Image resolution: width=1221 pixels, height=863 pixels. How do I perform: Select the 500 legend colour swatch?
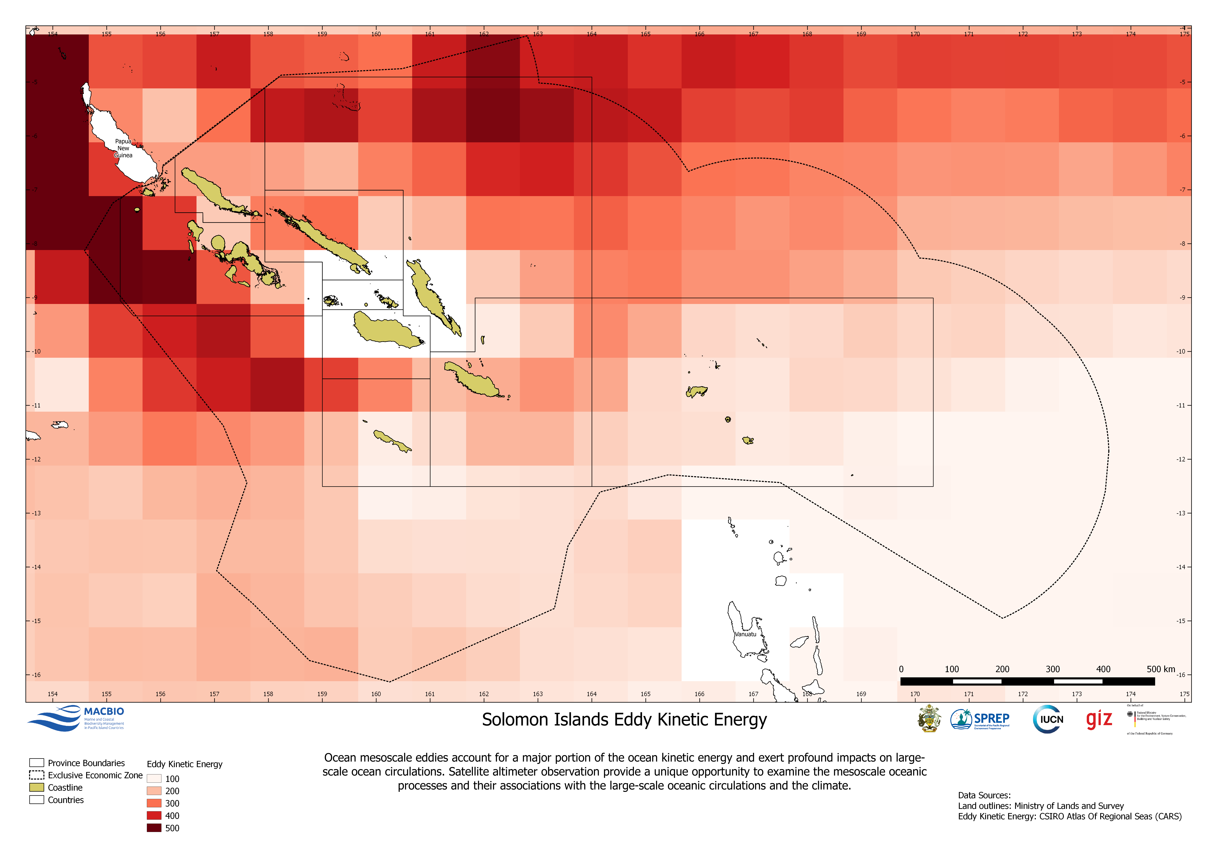coord(154,828)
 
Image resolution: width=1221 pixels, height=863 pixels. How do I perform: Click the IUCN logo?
coord(1048,719)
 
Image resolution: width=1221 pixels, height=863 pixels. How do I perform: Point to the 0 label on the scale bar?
coord(901,669)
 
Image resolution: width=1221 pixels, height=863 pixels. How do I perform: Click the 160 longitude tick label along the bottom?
coord(376,694)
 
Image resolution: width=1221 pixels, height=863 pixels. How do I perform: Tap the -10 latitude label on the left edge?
coord(36,351)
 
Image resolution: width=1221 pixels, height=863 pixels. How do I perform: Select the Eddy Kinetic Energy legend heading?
coord(184,764)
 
